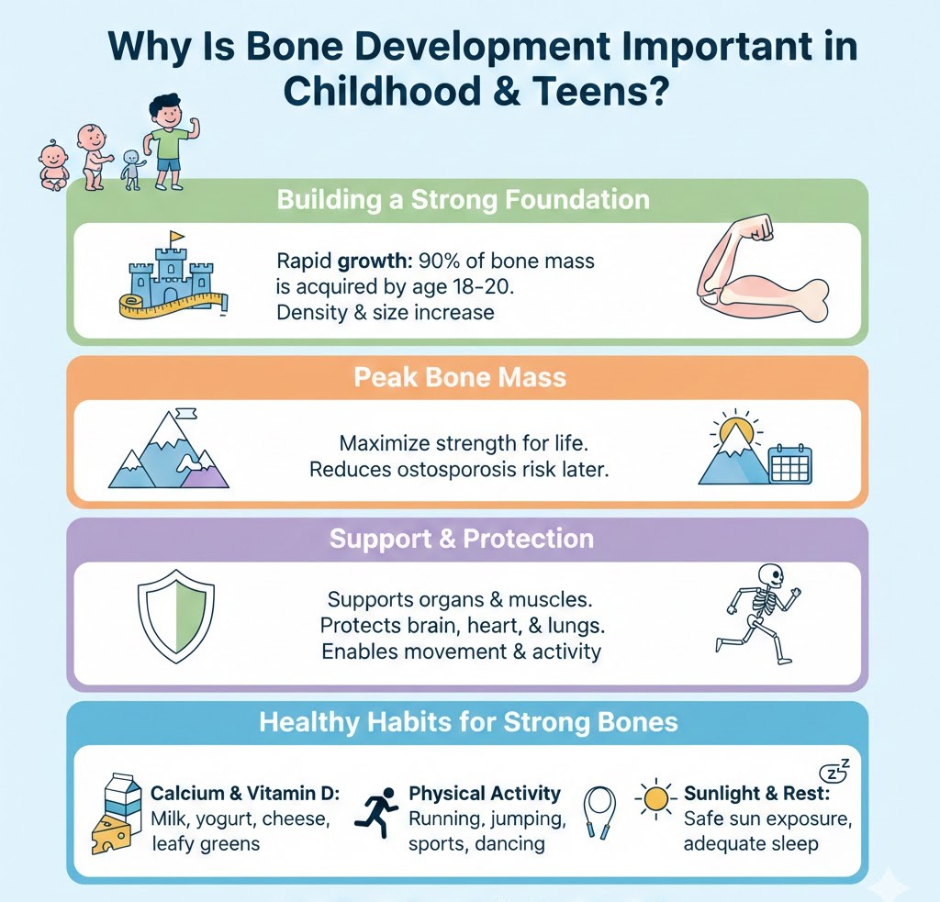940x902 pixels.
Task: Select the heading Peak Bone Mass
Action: point(460,377)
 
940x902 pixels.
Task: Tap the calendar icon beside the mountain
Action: point(789,464)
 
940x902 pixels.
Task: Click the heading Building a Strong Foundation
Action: point(464,200)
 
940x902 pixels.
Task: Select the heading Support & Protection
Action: point(460,539)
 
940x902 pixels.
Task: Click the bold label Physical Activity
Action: point(484,793)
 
